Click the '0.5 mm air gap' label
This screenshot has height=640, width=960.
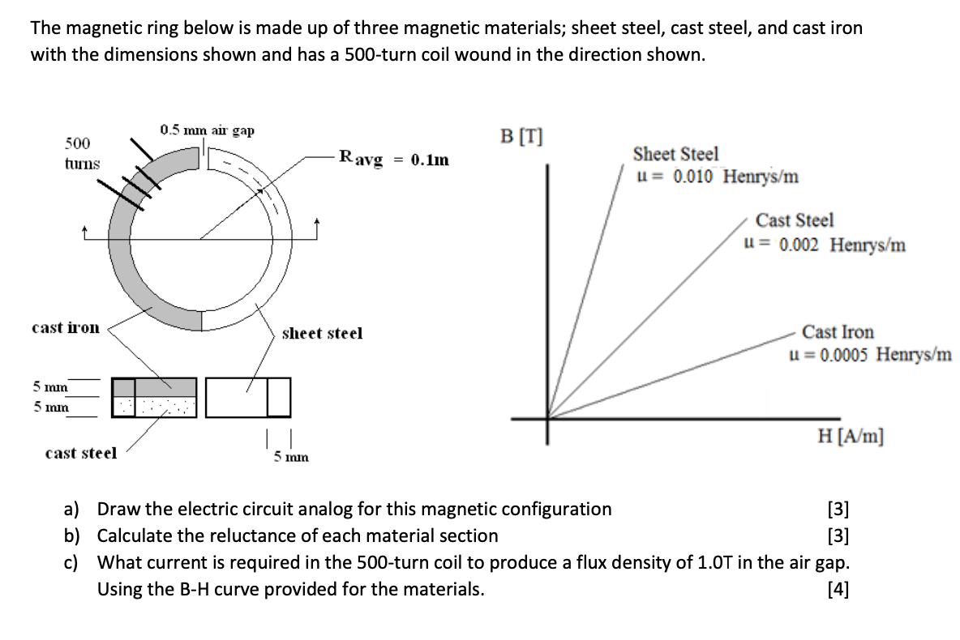coord(207,130)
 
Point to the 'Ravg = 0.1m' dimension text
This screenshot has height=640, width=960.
coord(393,160)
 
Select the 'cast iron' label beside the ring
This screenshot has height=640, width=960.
coord(66,328)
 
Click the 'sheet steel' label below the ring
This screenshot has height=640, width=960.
coord(322,333)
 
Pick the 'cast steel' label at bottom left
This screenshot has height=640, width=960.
coord(81,453)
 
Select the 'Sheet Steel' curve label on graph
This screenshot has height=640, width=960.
coord(675,154)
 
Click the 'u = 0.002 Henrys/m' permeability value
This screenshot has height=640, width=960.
coord(825,244)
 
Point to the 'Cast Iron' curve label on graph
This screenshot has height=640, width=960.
coord(838,332)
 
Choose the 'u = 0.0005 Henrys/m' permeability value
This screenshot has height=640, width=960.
coord(870,355)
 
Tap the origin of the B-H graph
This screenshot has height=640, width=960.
coord(548,419)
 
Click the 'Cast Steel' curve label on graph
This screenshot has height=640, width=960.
coord(794,220)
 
